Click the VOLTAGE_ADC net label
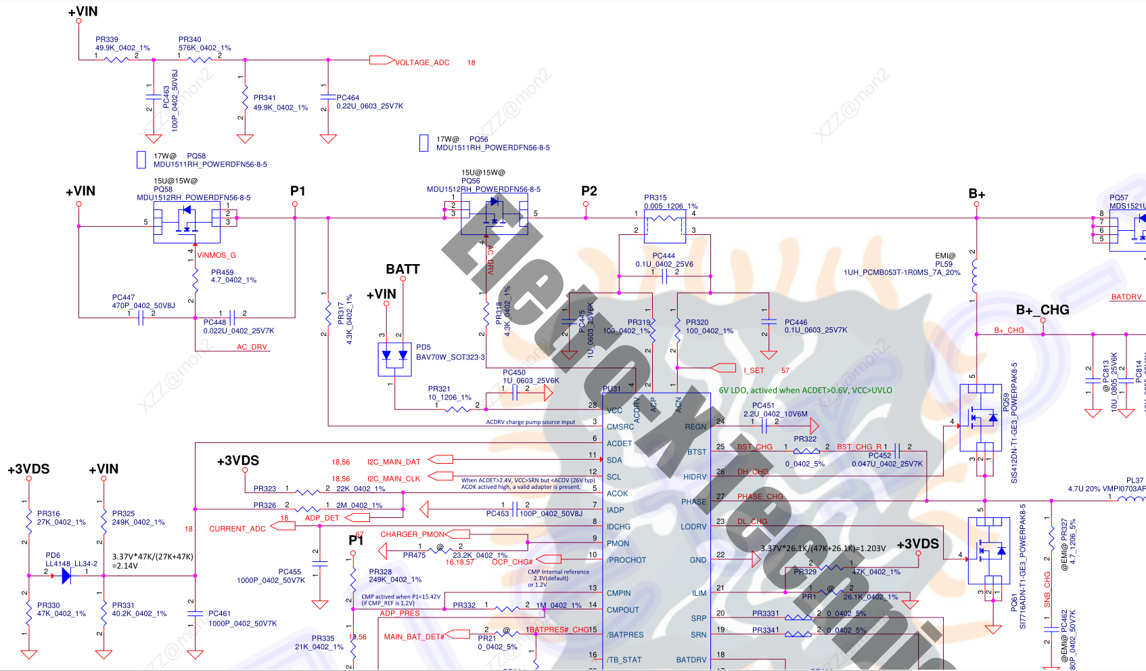click(422, 62)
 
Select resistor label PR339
click(107, 40)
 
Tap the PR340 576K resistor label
click(190, 40)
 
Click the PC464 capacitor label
click(348, 98)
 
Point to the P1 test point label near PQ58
click(298, 191)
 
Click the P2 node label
click(589, 191)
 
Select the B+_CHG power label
click(1042, 310)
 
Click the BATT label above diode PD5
click(403, 269)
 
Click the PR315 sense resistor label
click(656, 198)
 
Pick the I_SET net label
click(754, 370)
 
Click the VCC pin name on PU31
click(614, 410)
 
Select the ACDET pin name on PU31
click(619, 443)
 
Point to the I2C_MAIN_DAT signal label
click(394, 462)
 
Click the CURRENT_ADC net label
click(237, 529)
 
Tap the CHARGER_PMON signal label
click(412, 534)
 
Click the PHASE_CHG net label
click(760, 496)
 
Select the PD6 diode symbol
click(66, 576)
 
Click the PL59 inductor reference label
click(944, 264)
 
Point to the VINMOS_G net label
click(216, 255)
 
